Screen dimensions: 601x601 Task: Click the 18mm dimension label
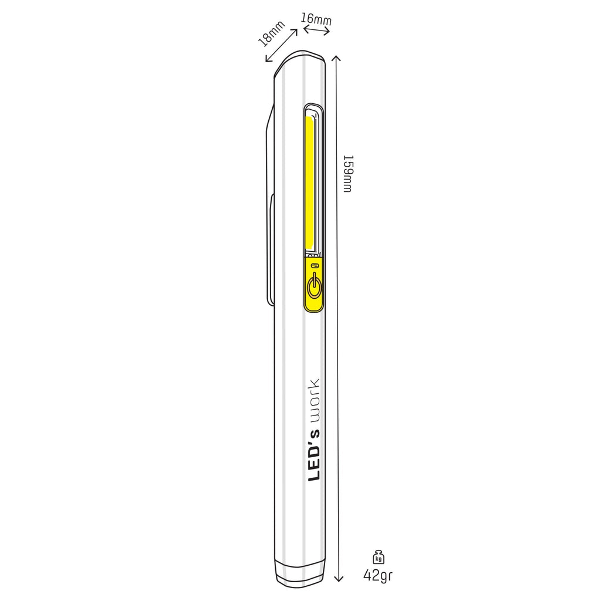click(271, 33)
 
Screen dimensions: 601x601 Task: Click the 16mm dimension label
click(316, 19)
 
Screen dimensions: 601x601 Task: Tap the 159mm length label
click(347, 174)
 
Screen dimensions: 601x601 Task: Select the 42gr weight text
click(378, 575)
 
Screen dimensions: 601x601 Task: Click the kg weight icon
click(379, 557)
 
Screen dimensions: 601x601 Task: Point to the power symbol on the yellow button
click(314, 285)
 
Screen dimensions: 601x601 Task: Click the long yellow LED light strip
click(309, 183)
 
